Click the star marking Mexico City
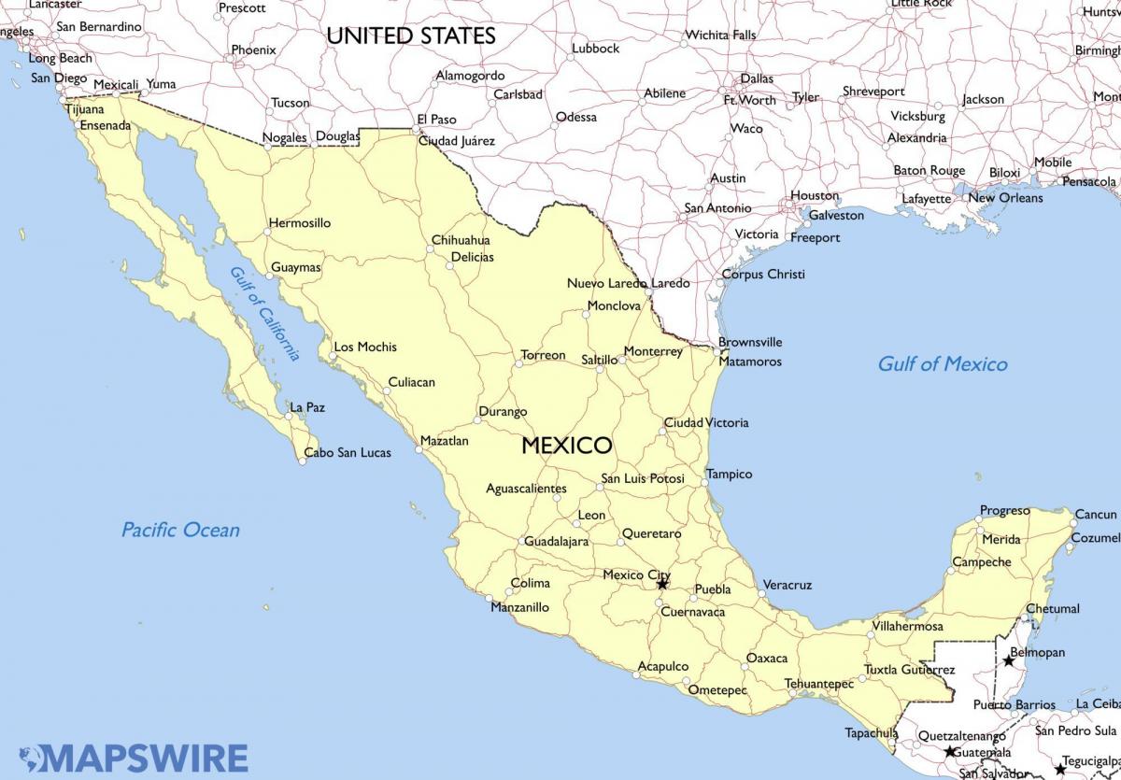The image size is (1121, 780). pyautogui.click(x=662, y=584)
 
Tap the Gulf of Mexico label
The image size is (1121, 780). pyautogui.click(x=942, y=364)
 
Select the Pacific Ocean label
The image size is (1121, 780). pyautogui.click(x=180, y=531)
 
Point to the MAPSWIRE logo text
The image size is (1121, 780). pyautogui.click(x=145, y=757)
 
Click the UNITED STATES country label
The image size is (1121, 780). pyautogui.click(x=410, y=36)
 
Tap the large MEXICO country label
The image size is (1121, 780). pyautogui.click(x=566, y=446)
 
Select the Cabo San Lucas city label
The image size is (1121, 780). pyautogui.click(x=348, y=453)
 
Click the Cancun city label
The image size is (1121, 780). pyautogui.click(x=1095, y=515)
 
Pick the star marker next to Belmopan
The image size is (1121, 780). pyautogui.click(x=1009, y=660)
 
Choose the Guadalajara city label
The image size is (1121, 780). pyautogui.click(x=556, y=542)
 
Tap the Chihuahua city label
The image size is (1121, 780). pyautogui.click(x=460, y=241)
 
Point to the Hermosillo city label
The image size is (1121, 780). pyautogui.click(x=299, y=224)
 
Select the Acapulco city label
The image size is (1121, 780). pyautogui.click(x=662, y=667)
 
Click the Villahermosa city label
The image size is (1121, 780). pyautogui.click(x=906, y=627)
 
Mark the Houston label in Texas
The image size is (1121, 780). pyautogui.click(x=814, y=196)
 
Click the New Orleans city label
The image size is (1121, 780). pyautogui.click(x=1005, y=198)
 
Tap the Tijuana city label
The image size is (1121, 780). pyautogui.click(x=85, y=109)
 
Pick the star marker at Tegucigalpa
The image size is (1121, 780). pyautogui.click(x=1059, y=769)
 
